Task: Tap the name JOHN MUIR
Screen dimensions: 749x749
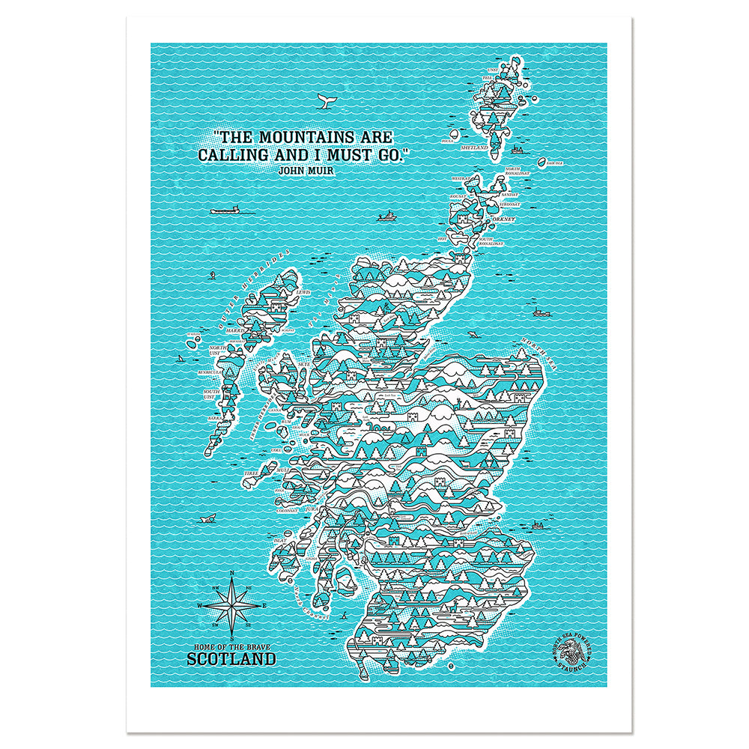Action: point(305,171)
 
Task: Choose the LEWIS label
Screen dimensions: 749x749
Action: point(303,292)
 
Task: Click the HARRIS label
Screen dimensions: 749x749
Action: point(239,330)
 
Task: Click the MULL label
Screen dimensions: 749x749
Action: point(282,470)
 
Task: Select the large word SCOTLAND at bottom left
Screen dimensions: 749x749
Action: point(231,660)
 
